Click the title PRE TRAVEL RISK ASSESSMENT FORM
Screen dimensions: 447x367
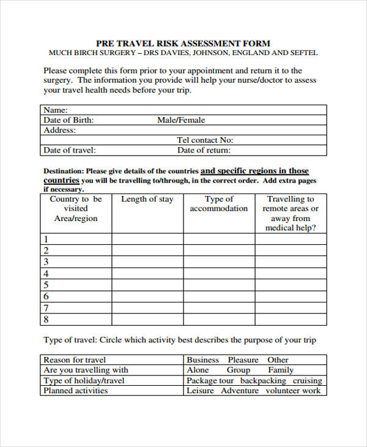[183, 43]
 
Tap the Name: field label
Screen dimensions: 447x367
[56, 110]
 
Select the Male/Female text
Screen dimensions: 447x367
[181, 120]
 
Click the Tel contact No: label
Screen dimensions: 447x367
[205, 140]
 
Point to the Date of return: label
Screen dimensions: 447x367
[204, 150]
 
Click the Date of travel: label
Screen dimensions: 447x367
[70, 150]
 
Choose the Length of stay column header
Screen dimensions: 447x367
[147, 199]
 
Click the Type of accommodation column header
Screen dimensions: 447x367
[219, 204]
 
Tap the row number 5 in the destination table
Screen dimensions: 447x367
[46, 285]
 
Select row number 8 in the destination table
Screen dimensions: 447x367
[46, 319]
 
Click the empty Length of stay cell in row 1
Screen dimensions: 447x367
[147, 239]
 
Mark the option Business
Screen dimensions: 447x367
[203, 360]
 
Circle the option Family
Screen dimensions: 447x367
[281, 370]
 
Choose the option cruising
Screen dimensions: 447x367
[308, 380]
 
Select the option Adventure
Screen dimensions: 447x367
[240, 390]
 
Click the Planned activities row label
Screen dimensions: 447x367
[75, 390]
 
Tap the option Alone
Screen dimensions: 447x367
[198, 370]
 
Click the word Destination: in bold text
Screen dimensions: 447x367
[64, 171]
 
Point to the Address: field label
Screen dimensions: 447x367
[60, 130]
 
